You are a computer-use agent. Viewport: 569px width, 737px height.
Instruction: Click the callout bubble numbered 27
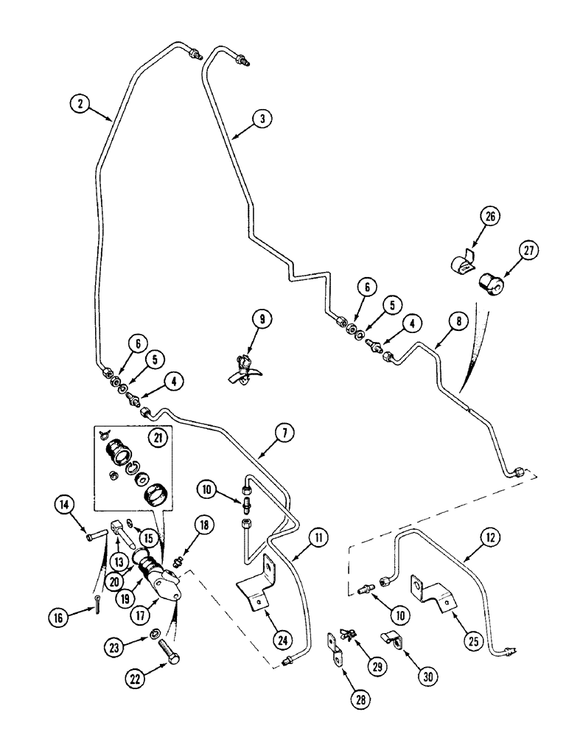[527, 252]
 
